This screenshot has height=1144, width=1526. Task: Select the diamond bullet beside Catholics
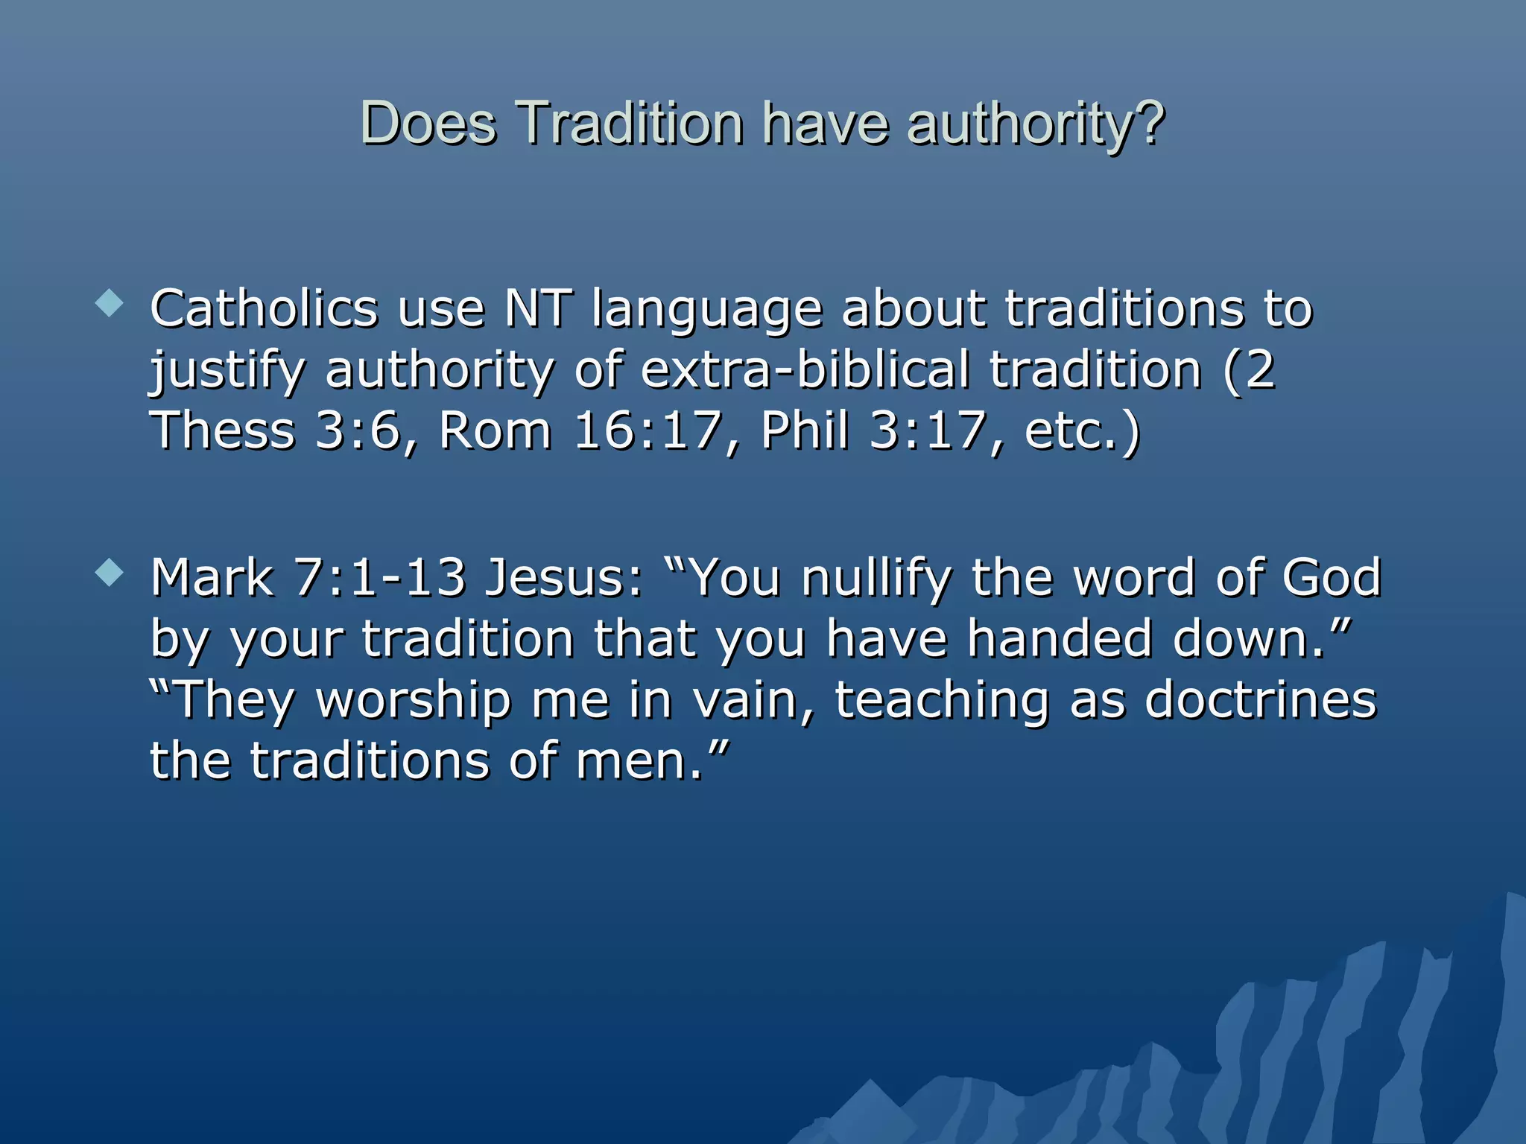tap(110, 303)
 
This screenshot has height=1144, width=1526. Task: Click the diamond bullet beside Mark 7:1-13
tap(110, 573)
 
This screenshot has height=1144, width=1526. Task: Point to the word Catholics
tap(264, 309)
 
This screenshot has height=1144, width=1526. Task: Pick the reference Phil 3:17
tap(873, 431)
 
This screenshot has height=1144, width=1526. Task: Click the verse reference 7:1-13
tap(380, 579)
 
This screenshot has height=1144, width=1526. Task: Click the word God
tap(1331, 579)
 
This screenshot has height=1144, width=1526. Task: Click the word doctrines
tap(1260, 701)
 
